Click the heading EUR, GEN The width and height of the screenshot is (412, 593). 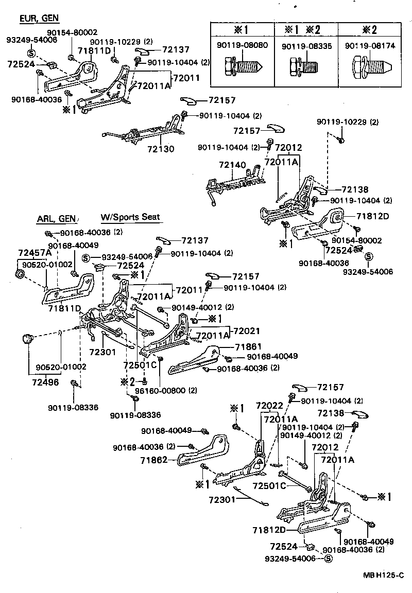coord(40,19)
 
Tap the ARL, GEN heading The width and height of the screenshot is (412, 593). coord(55,218)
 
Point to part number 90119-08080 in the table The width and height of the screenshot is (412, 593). coord(242,46)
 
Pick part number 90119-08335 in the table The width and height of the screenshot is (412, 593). coord(306,46)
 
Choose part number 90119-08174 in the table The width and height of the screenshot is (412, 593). coord(371,46)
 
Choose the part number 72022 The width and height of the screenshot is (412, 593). coord(270,406)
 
